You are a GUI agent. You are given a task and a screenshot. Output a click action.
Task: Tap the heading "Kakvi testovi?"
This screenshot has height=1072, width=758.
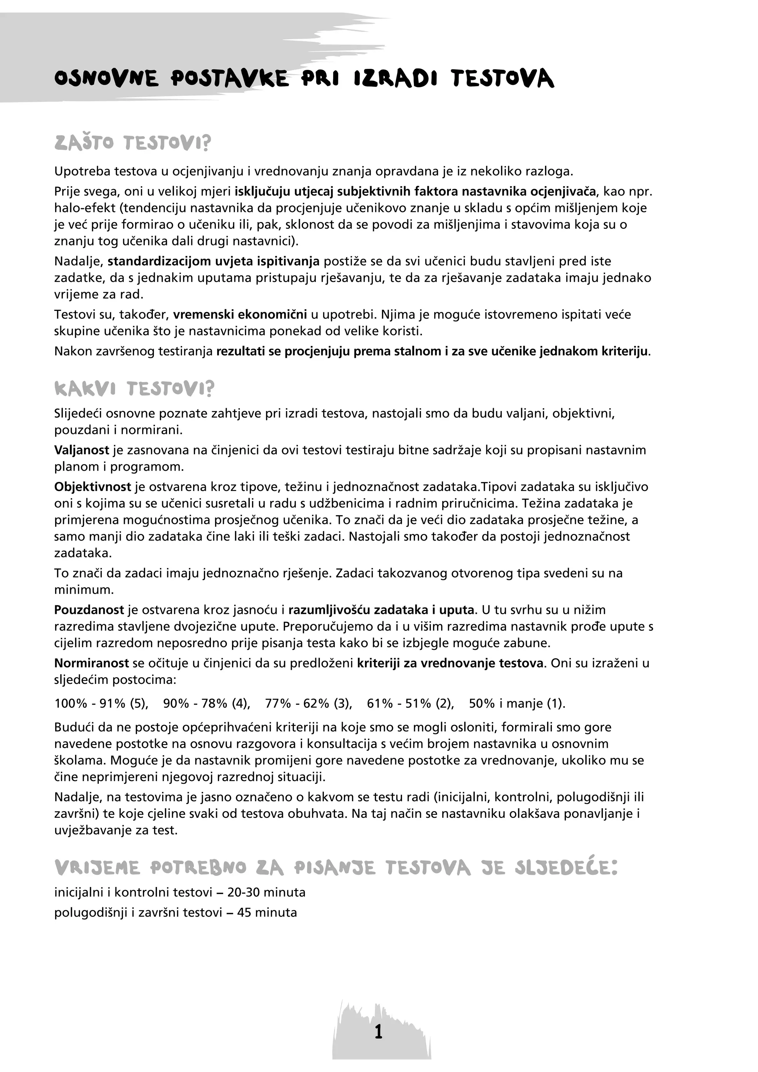click(x=134, y=389)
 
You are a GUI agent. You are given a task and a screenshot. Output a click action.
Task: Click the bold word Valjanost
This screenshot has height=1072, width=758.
click(x=82, y=450)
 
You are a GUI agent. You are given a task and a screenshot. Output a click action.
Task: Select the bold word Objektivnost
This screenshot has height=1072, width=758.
click(x=93, y=487)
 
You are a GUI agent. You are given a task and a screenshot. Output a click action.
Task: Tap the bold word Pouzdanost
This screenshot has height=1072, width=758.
click(x=89, y=610)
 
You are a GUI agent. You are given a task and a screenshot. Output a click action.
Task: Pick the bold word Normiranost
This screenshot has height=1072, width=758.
click(x=91, y=663)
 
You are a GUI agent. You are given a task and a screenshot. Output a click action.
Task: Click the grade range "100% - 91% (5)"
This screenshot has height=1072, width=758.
click(x=101, y=703)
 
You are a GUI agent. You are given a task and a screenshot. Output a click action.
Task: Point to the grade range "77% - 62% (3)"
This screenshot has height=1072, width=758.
click(x=309, y=703)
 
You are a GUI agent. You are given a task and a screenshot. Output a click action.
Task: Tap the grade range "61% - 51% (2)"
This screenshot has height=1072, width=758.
click(x=410, y=703)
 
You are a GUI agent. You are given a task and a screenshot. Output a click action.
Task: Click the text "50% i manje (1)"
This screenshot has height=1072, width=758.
click(x=517, y=703)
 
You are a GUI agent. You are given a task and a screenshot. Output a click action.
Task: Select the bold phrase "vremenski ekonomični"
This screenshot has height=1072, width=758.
click(x=240, y=314)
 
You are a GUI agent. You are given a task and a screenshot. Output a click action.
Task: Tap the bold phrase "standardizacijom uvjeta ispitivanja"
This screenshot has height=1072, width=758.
click(x=214, y=261)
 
